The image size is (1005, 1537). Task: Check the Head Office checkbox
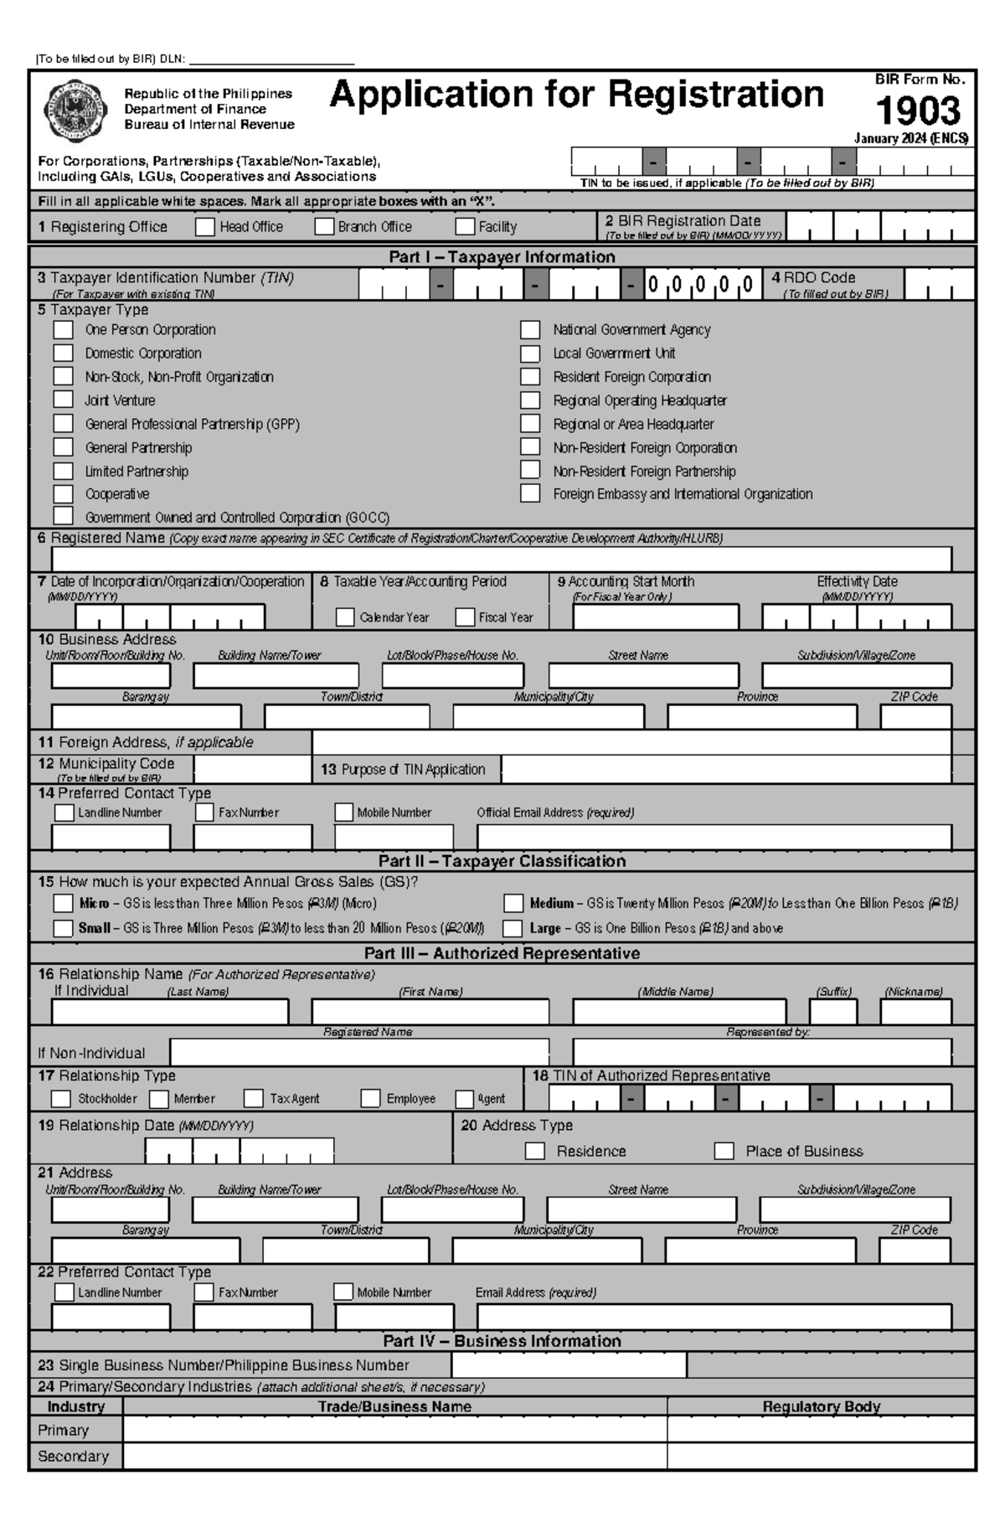coord(205,227)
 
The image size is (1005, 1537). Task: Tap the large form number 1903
coord(919,111)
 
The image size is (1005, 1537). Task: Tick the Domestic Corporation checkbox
coord(64,353)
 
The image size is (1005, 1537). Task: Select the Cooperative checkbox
coord(64,494)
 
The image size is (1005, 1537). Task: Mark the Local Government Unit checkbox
coord(530,353)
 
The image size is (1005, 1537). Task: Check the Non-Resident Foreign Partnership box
coord(530,471)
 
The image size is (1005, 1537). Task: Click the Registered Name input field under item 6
coord(501,559)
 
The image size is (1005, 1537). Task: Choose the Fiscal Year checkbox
coord(465,617)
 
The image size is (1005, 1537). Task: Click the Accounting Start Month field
coord(656,617)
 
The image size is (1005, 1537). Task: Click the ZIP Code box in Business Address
coord(915,717)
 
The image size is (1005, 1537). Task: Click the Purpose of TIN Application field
coord(725,770)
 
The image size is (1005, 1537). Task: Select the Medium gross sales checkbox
coord(513,903)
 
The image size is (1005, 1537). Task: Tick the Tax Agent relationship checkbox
coord(254,1098)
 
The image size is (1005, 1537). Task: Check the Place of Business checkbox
coord(724,1151)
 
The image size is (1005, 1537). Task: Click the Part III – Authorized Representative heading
coord(502,953)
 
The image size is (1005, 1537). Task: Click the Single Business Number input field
coord(569,1365)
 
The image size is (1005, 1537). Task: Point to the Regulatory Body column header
coord(821,1407)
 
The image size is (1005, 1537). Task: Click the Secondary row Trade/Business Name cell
coord(394,1456)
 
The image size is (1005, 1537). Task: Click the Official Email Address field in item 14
coord(714,836)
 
